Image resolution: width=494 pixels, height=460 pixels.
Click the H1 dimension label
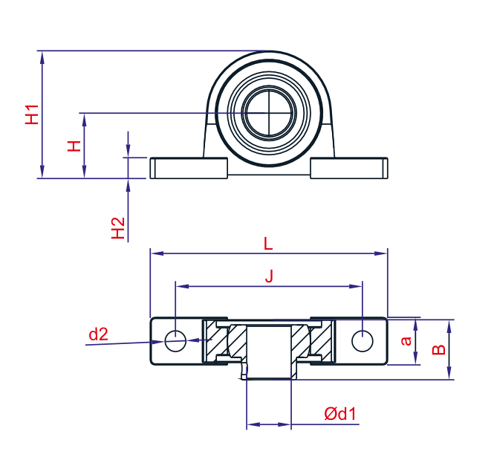(x=32, y=114)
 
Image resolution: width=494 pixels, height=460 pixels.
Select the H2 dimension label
(x=118, y=228)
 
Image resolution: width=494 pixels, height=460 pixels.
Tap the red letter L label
(x=267, y=244)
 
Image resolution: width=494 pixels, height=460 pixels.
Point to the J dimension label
(x=269, y=276)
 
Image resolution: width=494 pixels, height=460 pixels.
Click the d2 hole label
(x=98, y=334)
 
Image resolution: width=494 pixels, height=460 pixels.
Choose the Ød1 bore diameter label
(x=340, y=413)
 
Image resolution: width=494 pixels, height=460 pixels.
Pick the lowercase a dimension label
(x=406, y=340)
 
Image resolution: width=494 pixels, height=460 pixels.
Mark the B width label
(x=438, y=349)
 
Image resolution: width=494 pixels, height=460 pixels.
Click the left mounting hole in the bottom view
(x=175, y=341)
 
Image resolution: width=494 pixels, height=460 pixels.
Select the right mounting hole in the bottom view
(x=363, y=341)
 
